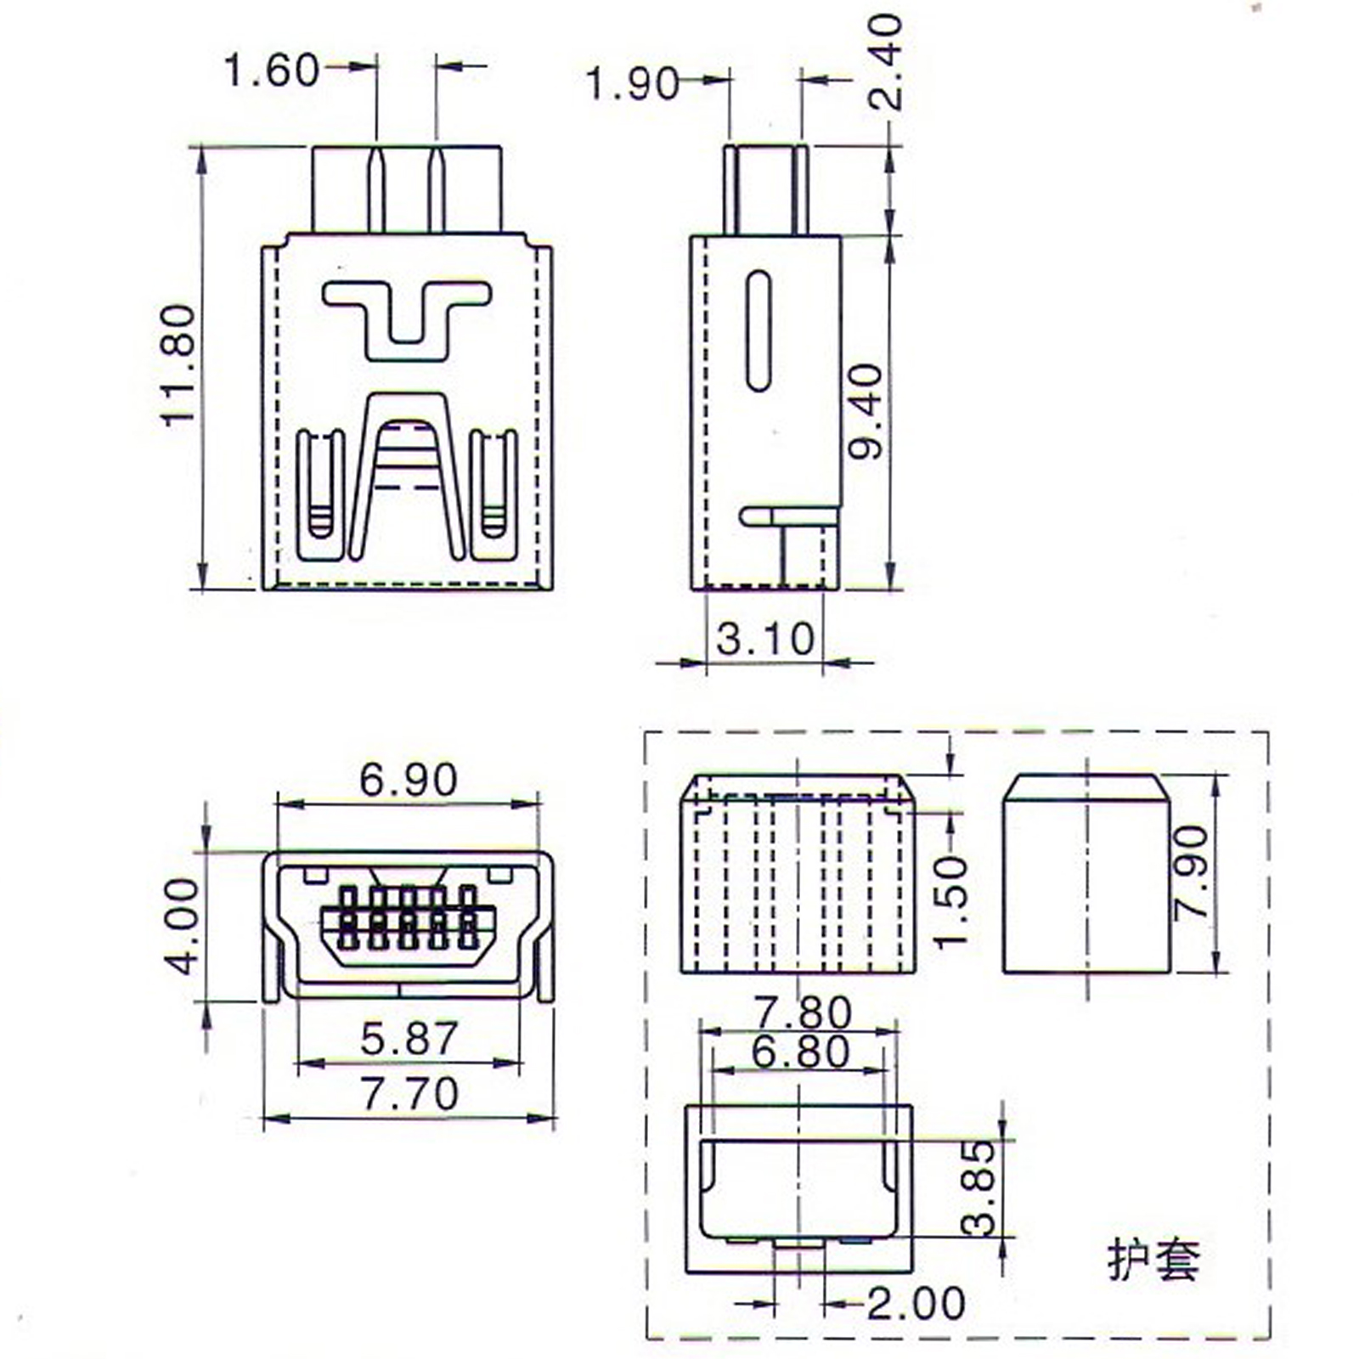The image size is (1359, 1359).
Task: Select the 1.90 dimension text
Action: (x=634, y=84)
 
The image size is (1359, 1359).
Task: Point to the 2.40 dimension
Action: (x=884, y=62)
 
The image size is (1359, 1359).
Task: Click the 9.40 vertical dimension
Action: (x=867, y=412)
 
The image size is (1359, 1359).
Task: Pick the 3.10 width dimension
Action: (x=765, y=639)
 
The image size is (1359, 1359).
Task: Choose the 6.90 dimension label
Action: (x=409, y=779)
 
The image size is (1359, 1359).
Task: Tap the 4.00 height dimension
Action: (x=181, y=926)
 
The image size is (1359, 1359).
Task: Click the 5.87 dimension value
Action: (x=409, y=1038)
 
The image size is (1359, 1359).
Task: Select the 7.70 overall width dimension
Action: (x=410, y=1093)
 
